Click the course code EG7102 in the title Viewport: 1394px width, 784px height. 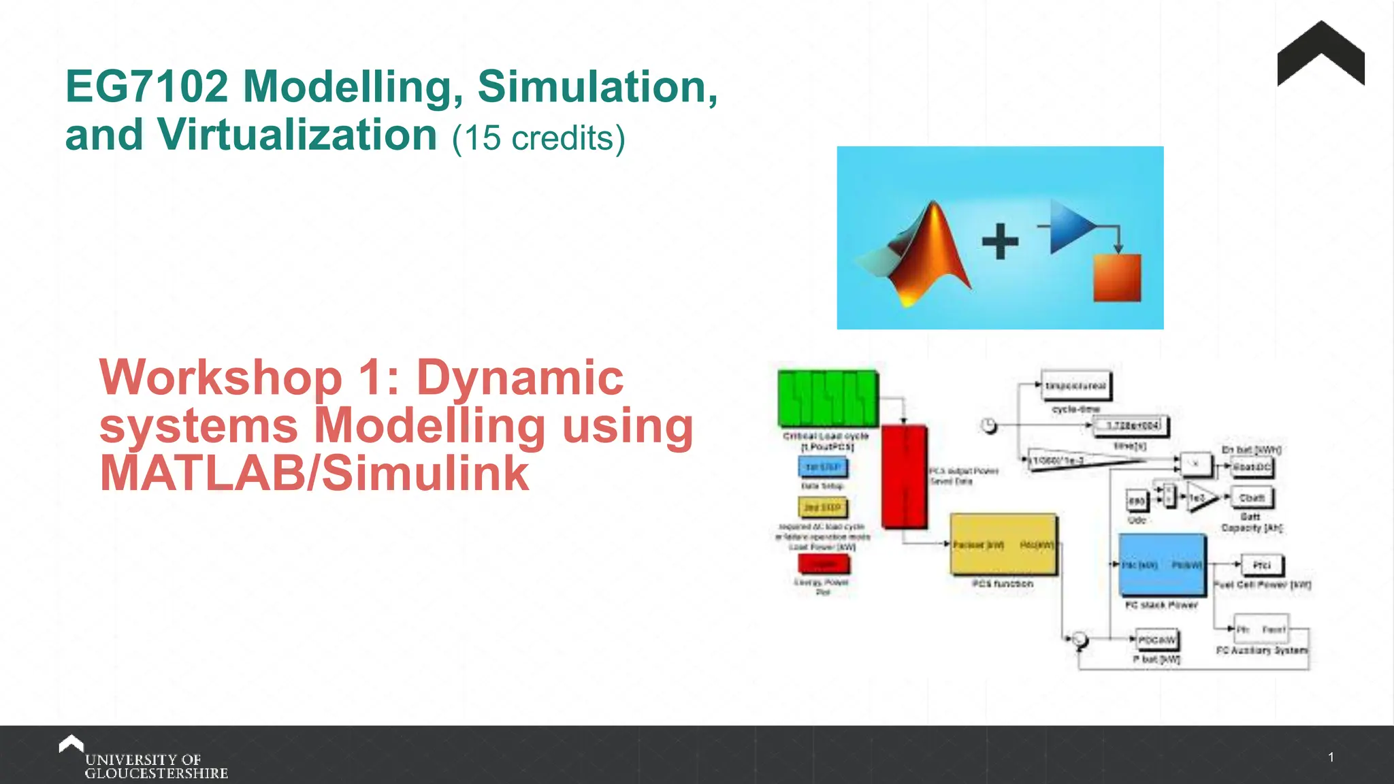146,87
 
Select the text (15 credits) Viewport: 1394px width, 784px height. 538,138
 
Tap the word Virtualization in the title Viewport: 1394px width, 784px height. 297,135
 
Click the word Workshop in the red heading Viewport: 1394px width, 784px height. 221,378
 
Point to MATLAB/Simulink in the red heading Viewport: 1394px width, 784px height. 314,474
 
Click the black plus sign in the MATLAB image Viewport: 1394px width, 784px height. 1000,242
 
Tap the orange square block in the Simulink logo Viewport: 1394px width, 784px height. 1116,278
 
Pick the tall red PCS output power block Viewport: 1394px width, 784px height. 904,476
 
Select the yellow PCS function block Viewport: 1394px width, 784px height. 1003,544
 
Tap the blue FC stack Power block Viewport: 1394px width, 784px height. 1162,566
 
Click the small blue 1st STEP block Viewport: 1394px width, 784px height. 823,467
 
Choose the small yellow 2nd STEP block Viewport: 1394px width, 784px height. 823,508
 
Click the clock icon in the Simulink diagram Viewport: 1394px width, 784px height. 989,426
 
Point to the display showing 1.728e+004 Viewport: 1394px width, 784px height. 1131,426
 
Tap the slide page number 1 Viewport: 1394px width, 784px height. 1331,757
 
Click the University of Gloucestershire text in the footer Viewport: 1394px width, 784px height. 156,766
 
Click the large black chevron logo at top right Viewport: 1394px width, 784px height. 1320,54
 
